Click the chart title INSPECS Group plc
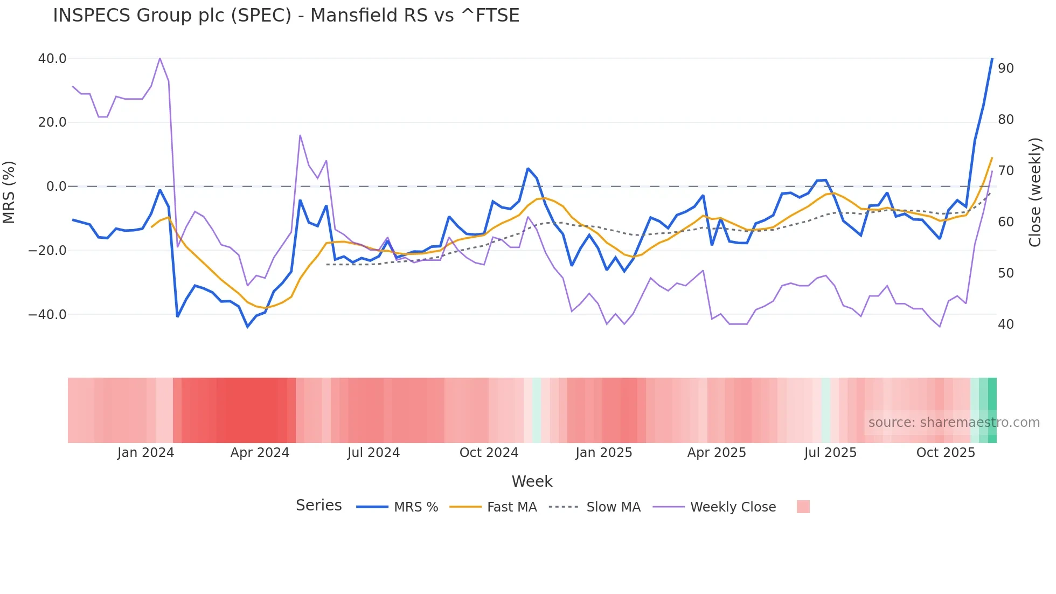286,16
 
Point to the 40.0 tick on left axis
52,59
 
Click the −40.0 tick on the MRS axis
47,315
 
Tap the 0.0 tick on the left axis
57,187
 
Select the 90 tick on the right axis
1005,68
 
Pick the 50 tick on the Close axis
1005,273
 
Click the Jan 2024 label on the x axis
145,453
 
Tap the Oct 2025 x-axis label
946,453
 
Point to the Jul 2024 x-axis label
373,453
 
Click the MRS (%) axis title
9,192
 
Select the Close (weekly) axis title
1034,192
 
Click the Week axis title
532,481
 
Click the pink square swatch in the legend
803,507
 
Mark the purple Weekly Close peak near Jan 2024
160,58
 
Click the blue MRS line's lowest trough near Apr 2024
248,327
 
